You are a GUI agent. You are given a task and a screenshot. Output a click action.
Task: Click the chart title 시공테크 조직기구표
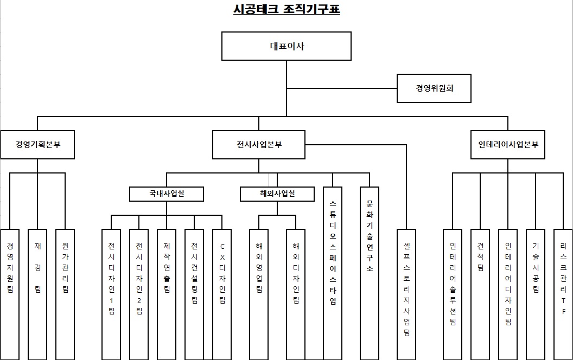[x=286, y=10]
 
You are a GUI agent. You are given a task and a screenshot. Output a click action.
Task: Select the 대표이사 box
[x=286, y=46]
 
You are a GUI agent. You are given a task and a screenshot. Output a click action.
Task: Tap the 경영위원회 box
[x=435, y=88]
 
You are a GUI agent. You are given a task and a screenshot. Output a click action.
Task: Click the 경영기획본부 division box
[x=37, y=145]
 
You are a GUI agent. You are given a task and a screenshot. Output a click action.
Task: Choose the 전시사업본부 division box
[x=259, y=145]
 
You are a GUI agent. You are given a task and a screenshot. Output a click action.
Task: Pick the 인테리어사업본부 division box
[x=507, y=145]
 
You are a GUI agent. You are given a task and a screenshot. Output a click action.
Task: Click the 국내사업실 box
[x=167, y=194]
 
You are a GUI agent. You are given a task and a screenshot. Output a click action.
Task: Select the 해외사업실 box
[x=277, y=194]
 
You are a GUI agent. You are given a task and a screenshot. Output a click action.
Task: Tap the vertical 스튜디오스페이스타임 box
[x=333, y=271]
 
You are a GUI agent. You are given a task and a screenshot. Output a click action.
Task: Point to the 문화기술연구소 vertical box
[x=370, y=271]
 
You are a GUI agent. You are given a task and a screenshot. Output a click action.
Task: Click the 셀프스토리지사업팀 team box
[x=406, y=293]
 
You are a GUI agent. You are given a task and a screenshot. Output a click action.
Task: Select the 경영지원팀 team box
[x=10, y=293]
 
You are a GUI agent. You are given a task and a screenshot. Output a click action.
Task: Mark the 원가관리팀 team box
[x=65, y=293]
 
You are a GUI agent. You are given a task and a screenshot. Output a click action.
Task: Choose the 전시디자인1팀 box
[x=111, y=293]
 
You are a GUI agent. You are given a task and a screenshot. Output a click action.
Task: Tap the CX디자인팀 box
[x=222, y=293]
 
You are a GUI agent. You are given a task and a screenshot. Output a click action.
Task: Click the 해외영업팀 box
[x=259, y=293]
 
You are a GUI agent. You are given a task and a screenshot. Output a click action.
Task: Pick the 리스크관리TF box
[x=563, y=293]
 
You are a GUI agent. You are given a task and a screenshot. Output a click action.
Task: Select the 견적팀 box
[x=480, y=293]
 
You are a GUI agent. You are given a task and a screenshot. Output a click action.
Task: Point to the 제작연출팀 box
[x=167, y=293]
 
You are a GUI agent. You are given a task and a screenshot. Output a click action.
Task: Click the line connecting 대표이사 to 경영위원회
[x=342, y=88]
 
